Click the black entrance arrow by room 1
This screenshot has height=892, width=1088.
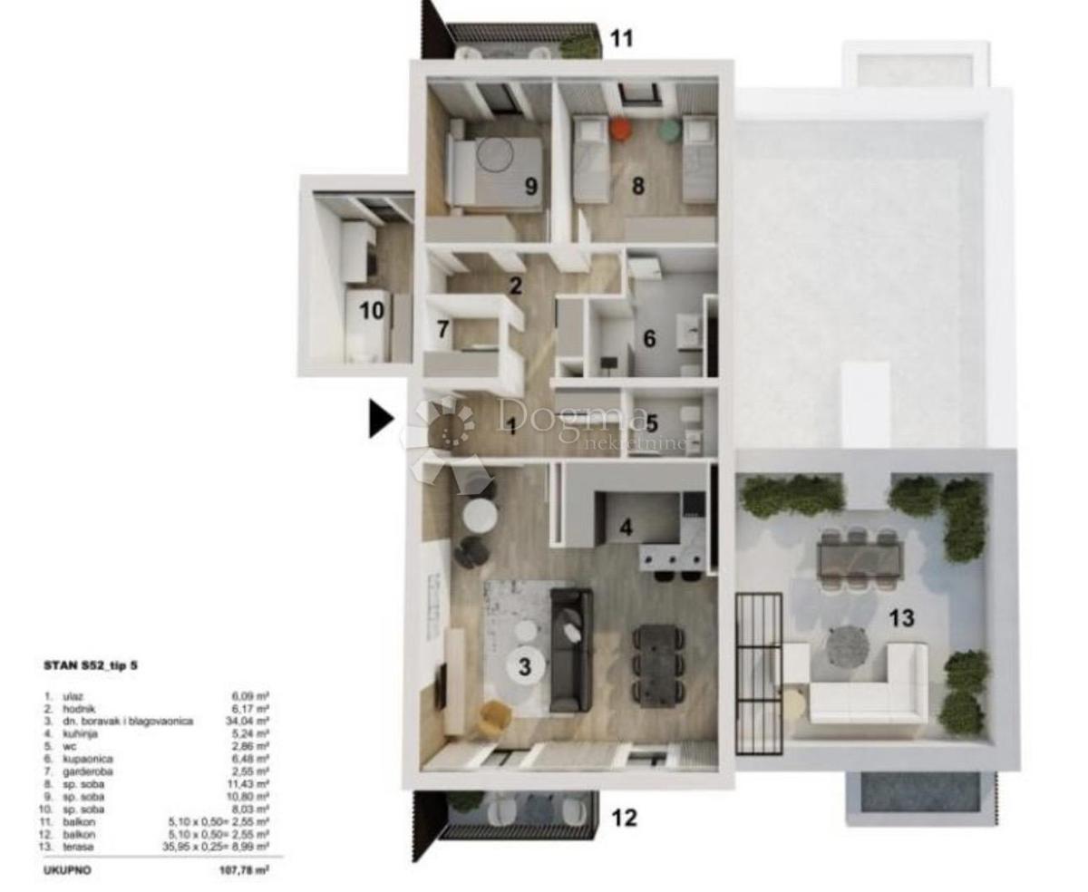click(381, 419)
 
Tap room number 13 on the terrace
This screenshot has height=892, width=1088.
click(900, 618)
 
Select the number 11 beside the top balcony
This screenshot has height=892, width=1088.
click(621, 38)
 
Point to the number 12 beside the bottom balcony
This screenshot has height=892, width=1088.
click(624, 818)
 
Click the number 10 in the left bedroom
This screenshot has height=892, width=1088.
click(372, 311)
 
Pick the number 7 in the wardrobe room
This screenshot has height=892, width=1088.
click(442, 329)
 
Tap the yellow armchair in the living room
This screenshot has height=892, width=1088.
click(494, 718)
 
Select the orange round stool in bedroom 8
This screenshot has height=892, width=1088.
click(620, 130)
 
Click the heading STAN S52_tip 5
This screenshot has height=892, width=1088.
click(92, 665)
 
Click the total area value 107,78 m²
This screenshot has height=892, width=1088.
click(238, 868)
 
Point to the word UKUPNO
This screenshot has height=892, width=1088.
click(66, 868)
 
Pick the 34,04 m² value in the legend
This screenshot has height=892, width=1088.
click(251, 721)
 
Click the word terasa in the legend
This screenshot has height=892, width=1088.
click(79, 846)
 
